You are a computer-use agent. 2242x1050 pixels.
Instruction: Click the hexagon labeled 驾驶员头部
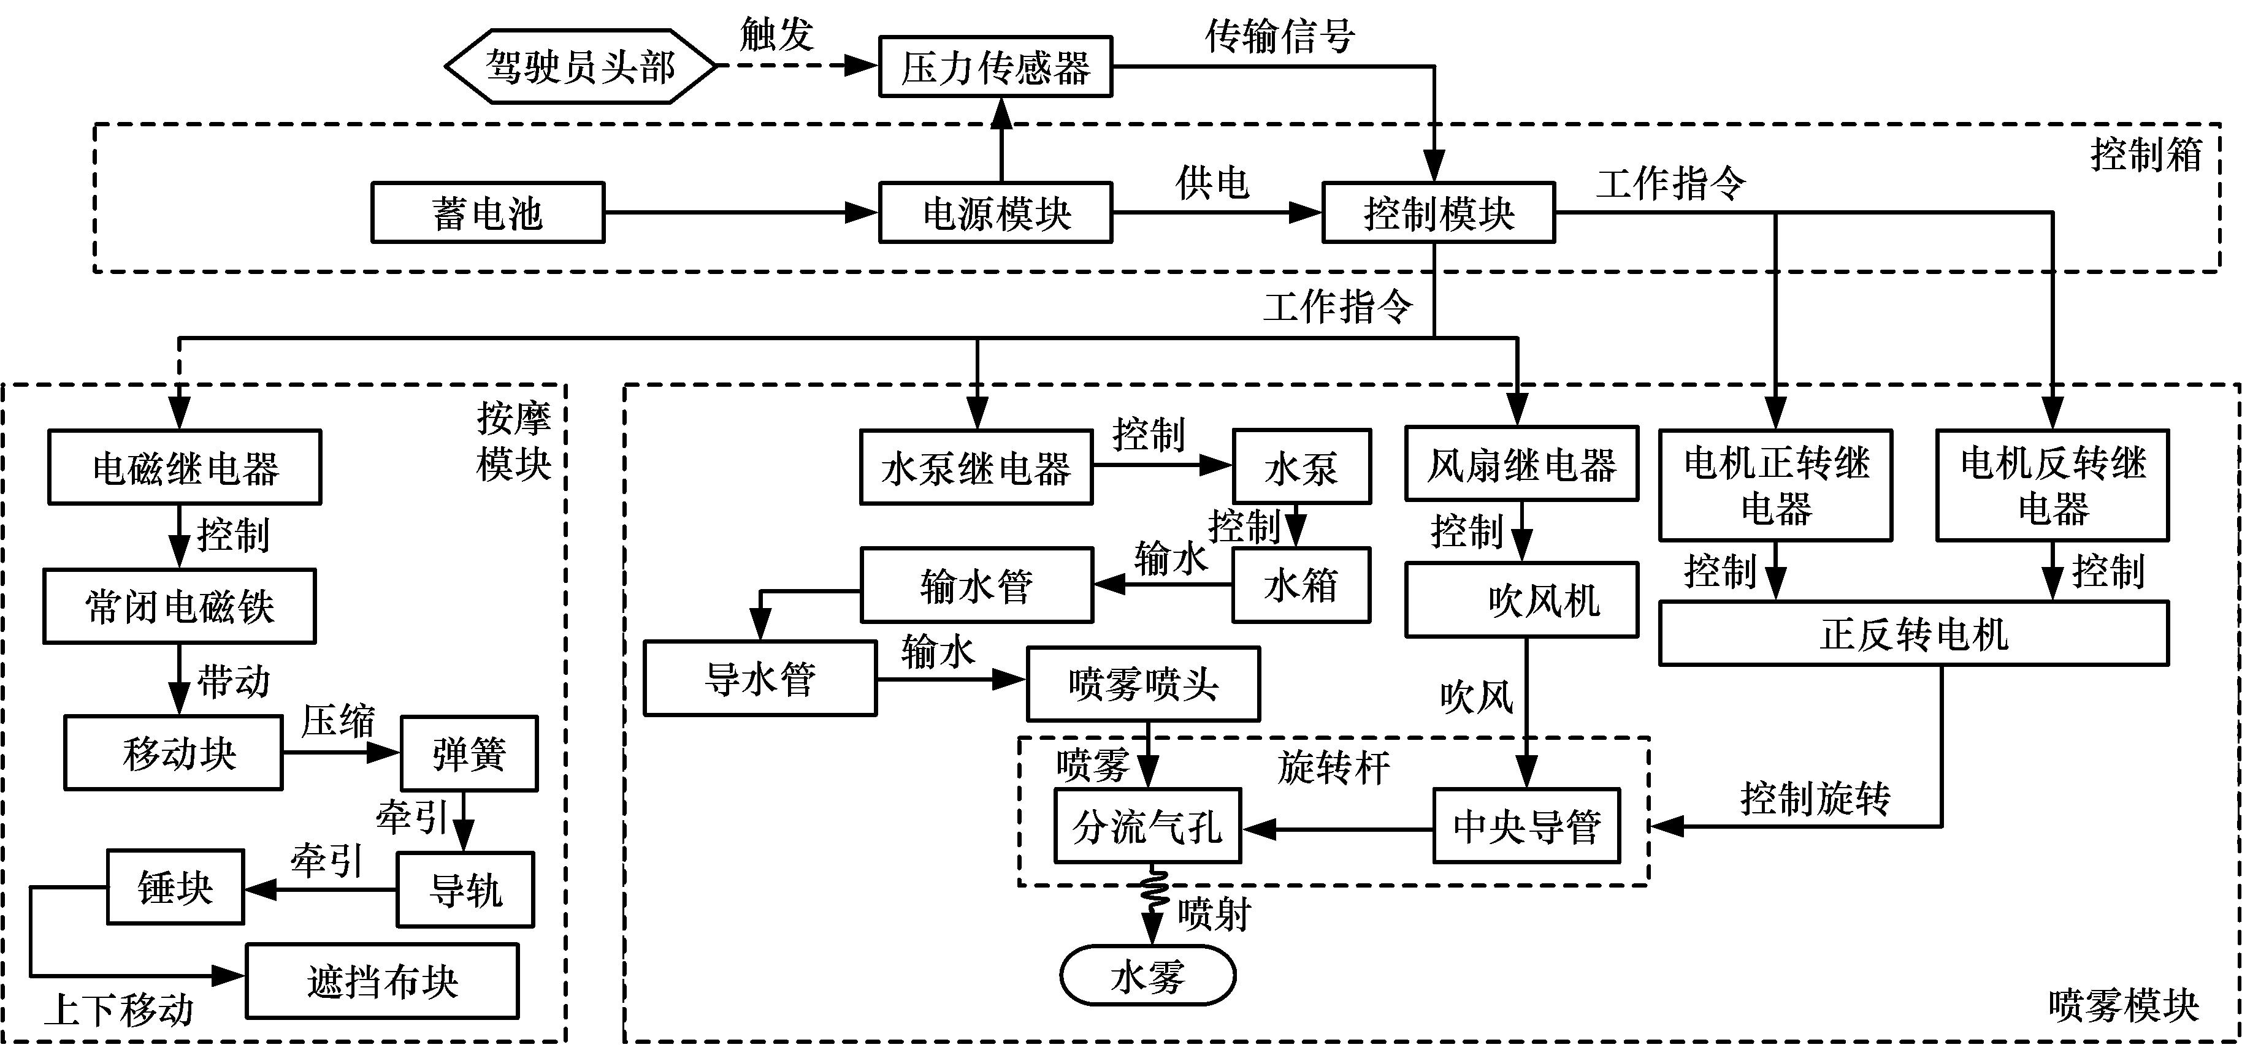click(x=580, y=67)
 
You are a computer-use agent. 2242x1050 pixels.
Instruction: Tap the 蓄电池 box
click(x=488, y=212)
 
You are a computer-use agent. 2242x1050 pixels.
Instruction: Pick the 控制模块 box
click(x=1438, y=212)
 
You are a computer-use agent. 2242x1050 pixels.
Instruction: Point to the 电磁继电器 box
click(x=185, y=467)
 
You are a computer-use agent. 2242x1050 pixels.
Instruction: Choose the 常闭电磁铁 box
click(x=179, y=606)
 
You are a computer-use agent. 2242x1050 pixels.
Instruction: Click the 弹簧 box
click(x=469, y=753)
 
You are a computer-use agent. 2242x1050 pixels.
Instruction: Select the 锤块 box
click(x=175, y=888)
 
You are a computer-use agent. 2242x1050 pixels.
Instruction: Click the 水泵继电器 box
click(x=976, y=467)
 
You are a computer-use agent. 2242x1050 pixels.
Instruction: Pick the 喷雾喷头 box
click(x=1142, y=684)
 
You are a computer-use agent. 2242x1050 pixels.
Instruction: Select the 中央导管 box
click(x=1526, y=826)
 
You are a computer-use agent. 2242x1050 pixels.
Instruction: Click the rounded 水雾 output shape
click(x=1147, y=976)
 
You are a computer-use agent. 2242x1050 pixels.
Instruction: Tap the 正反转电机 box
click(x=1913, y=633)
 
